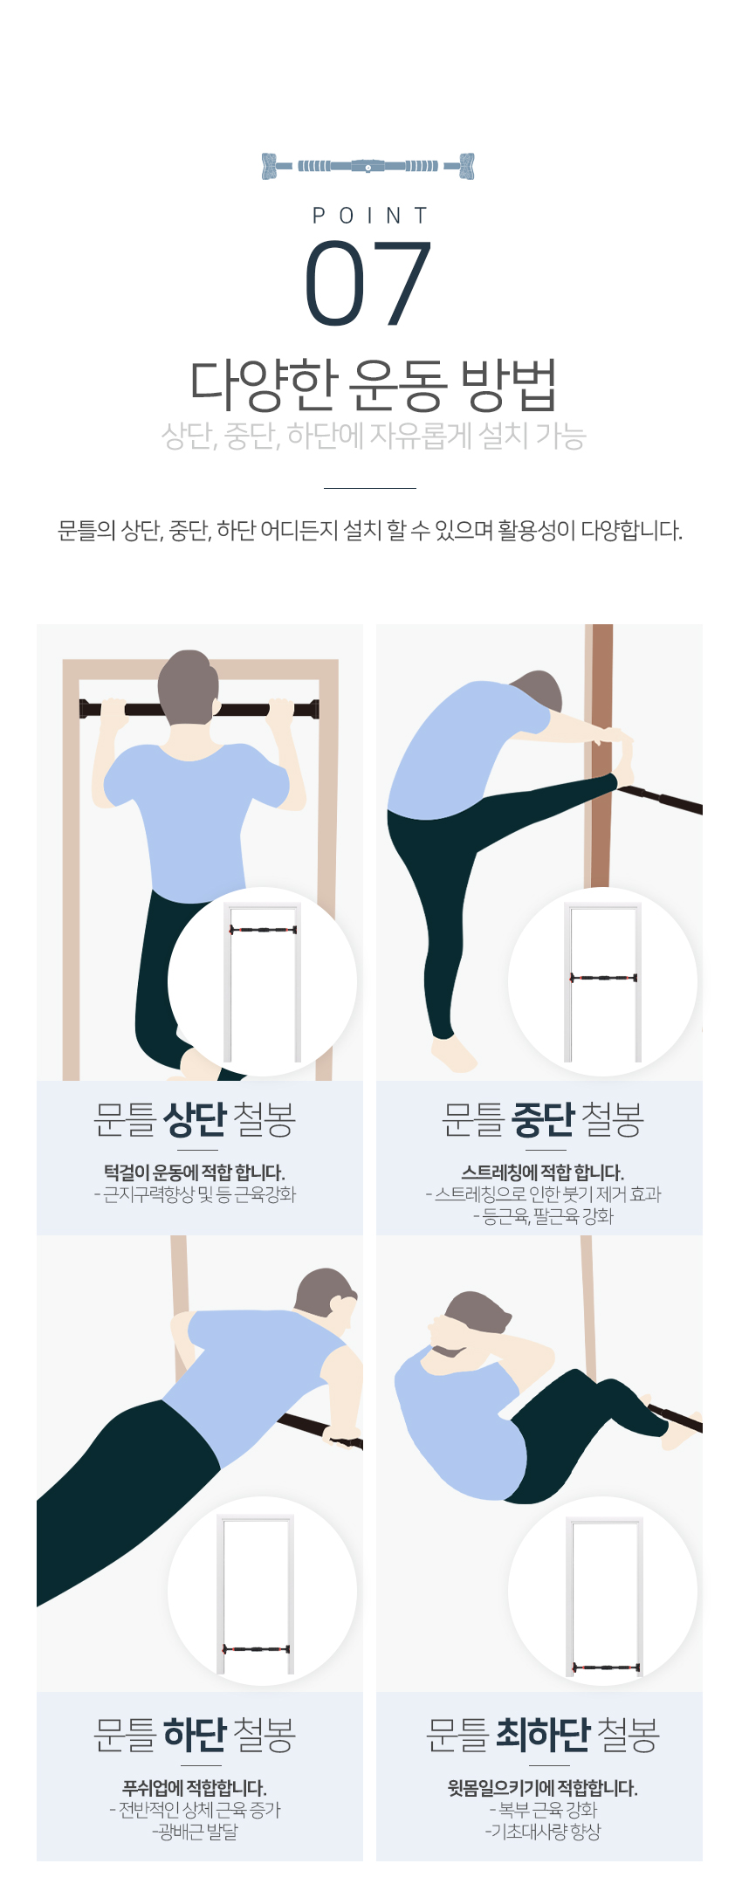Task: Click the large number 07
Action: point(368,284)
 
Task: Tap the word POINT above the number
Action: point(370,216)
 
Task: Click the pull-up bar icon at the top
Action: point(368,166)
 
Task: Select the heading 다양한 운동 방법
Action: point(373,385)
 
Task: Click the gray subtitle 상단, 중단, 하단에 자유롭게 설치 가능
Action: point(373,435)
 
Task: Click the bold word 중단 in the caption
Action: point(543,1119)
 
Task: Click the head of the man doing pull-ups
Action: point(188,687)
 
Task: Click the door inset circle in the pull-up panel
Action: point(262,982)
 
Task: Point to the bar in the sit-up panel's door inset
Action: point(606,1668)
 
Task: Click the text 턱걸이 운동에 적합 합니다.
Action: point(195,1172)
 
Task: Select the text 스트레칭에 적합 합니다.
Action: point(543,1172)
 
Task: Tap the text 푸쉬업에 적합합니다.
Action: point(195,1788)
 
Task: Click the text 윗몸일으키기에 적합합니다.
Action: point(543,1788)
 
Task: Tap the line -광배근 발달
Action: point(195,1832)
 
